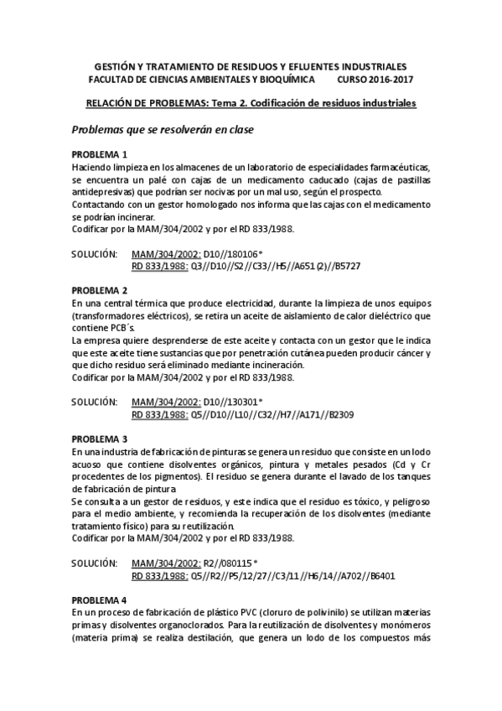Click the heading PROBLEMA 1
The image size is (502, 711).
[99, 155]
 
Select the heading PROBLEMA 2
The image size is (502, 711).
[99, 290]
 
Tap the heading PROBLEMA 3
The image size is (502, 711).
[99, 439]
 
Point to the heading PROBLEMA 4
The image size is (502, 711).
[99, 600]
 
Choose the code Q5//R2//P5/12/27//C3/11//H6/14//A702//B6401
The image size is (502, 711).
[293, 577]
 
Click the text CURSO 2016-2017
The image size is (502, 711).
[375, 79]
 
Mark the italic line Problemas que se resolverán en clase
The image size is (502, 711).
[162, 130]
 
